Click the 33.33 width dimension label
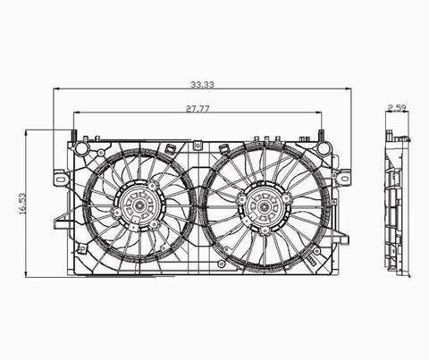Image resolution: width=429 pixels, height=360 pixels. tap(202, 85)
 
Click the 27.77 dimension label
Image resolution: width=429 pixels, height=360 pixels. tap(198, 109)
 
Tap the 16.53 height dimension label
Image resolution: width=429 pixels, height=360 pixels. tap(22, 204)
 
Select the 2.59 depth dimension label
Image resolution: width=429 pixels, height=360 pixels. tap(398, 107)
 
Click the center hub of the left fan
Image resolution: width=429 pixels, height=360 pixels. tap(139, 205)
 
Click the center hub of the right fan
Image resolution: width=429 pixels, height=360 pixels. tap(264, 206)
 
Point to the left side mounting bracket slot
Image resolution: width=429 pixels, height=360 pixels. tap(62, 179)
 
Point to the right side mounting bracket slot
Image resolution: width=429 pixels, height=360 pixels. tap(345, 179)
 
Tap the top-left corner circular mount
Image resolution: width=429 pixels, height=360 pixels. tap(81, 147)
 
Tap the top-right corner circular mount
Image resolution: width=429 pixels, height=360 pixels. tap(324, 148)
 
